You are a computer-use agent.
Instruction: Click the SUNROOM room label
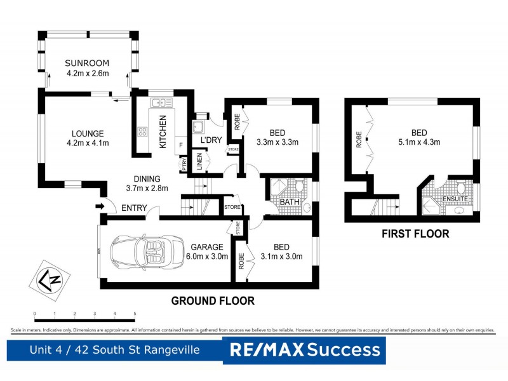pyautogui.click(x=86, y=63)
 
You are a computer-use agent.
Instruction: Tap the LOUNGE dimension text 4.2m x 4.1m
pyautogui.click(x=87, y=143)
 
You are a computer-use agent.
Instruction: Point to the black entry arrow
pyautogui.click(x=99, y=206)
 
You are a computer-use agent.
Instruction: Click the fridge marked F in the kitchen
pyautogui.click(x=181, y=145)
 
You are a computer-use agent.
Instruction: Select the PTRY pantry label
pyautogui.click(x=184, y=163)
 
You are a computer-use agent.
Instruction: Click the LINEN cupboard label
pyautogui.click(x=199, y=161)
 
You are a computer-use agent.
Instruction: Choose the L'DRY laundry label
pyautogui.click(x=210, y=140)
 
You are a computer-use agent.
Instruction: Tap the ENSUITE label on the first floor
pyautogui.click(x=455, y=199)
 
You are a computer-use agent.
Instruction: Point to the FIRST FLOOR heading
pyautogui.click(x=415, y=234)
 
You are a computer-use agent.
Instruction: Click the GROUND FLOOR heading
pyautogui.click(x=213, y=301)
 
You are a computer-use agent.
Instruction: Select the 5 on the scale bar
pyautogui.click(x=135, y=314)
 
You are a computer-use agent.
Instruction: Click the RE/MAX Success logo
pyautogui.click(x=304, y=350)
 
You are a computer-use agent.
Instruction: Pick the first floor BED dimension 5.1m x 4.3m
pyautogui.click(x=418, y=142)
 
